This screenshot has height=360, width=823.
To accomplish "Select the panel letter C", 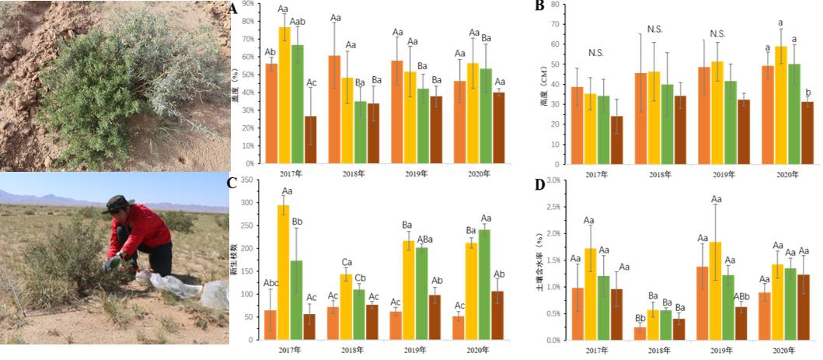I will pos(232,183).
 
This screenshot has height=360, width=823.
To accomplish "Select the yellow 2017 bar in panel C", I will pos(284,272).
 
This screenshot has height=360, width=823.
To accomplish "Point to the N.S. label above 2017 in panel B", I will pos(596,53).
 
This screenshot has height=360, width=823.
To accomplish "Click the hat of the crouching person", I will pos(118,204).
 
